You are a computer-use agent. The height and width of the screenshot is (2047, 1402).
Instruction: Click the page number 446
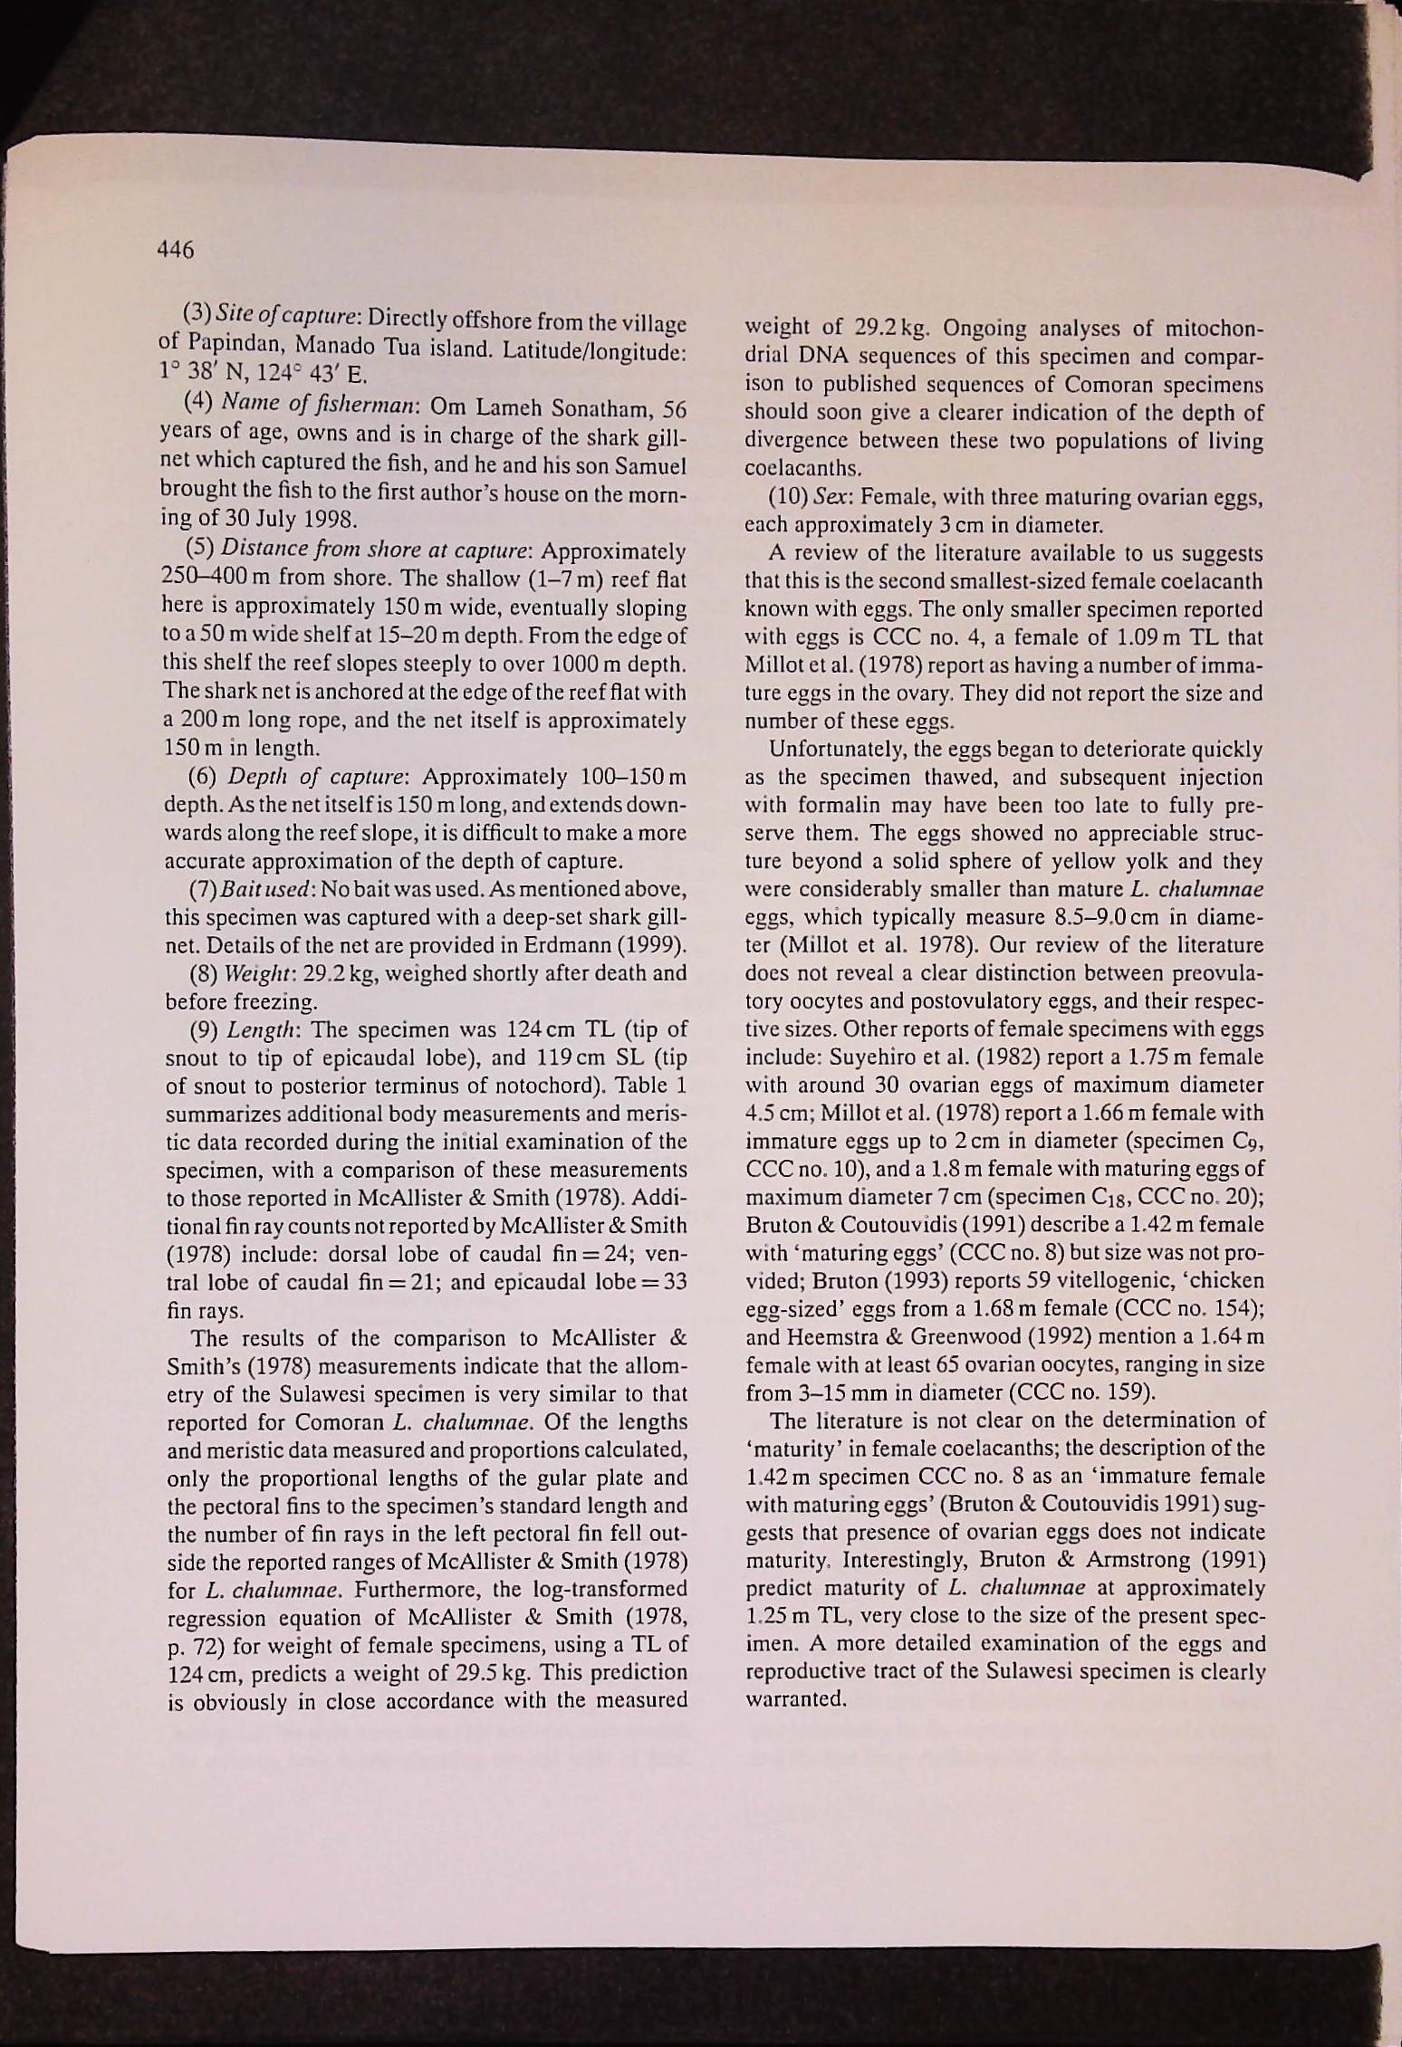click(x=176, y=249)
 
